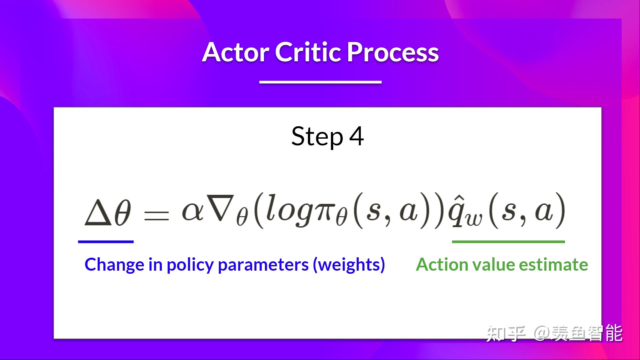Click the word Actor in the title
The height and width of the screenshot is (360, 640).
click(x=235, y=52)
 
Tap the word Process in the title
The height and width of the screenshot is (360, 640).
click(x=393, y=52)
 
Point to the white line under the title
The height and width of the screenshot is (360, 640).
click(x=320, y=82)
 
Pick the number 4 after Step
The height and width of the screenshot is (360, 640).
click(x=356, y=136)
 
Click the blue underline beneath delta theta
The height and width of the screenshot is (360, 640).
click(x=106, y=242)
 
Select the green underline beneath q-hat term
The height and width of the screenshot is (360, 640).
click(x=508, y=242)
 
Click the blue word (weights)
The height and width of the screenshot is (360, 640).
click(x=349, y=265)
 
